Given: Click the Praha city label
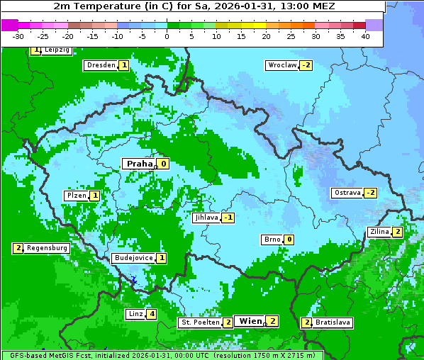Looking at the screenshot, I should click(139, 164).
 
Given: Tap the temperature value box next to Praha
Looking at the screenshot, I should click(163, 164).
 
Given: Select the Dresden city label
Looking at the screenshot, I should click(101, 65).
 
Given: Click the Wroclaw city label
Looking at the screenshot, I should click(281, 65).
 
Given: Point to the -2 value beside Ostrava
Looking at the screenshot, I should click(370, 193).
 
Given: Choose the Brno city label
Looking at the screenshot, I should click(272, 240).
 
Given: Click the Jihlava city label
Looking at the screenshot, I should click(206, 218).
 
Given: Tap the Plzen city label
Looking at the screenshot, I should click(76, 196).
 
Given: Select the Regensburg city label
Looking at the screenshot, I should click(47, 248).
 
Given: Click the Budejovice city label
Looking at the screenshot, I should click(133, 258).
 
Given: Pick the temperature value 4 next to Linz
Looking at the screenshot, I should click(152, 314).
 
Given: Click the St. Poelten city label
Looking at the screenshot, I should click(200, 322).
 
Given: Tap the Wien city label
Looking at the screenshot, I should click(250, 321).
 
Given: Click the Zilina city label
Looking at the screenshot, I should click(379, 232).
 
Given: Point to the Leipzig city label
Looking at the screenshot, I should click(56, 50).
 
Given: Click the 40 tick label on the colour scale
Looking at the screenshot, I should click(365, 36).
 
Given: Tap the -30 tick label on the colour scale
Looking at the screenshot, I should click(18, 36).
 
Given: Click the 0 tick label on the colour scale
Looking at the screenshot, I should click(167, 36).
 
